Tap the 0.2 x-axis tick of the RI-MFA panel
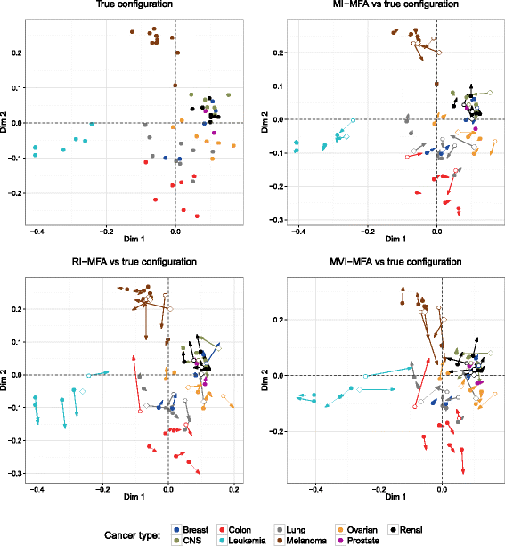[233, 491]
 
